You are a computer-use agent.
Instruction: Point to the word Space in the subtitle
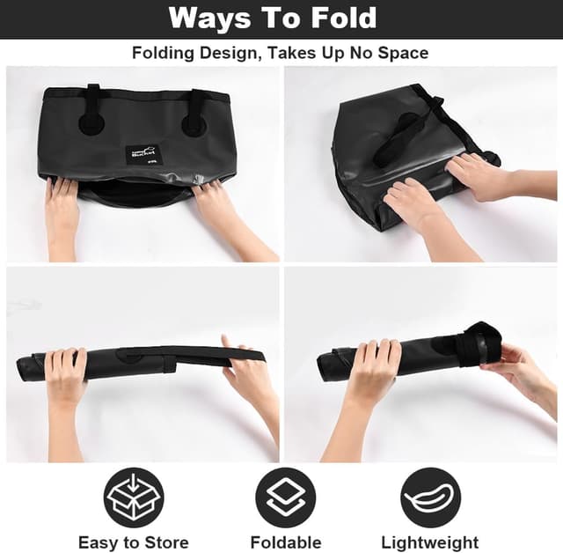(x=401, y=53)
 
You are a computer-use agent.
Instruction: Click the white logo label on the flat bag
(x=143, y=155)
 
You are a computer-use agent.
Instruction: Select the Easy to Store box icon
(x=135, y=498)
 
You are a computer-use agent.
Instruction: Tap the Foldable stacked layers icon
(x=285, y=498)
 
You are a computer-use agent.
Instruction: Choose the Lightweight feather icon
(x=430, y=498)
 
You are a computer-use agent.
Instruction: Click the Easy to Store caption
(x=134, y=542)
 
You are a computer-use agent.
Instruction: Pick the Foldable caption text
(x=286, y=542)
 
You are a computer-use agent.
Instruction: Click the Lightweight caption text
(x=430, y=542)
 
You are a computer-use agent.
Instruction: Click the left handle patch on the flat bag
(x=91, y=120)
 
